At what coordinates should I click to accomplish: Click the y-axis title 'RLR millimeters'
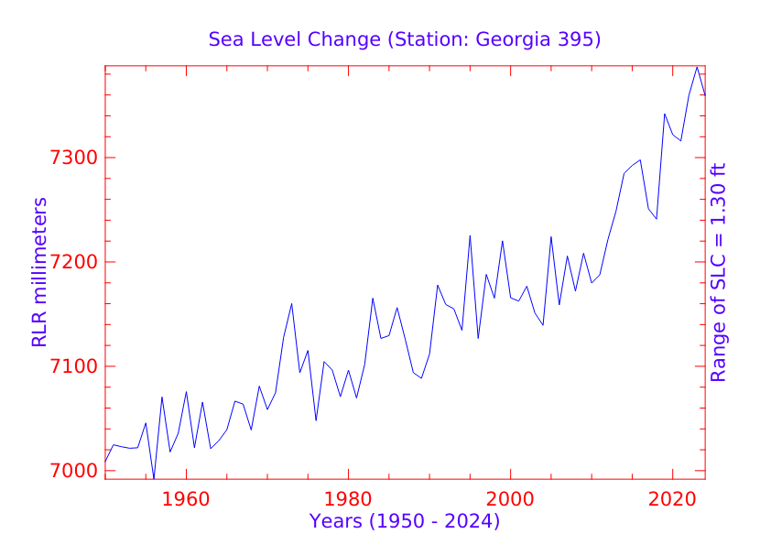[x=39, y=272]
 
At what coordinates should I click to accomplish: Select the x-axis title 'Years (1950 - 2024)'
[x=405, y=522]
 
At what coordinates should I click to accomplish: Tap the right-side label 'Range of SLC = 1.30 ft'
[x=719, y=272]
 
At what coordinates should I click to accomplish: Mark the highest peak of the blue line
[x=697, y=67]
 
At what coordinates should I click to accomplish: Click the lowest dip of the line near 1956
[x=154, y=478]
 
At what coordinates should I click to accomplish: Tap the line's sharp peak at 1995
[x=470, y=235]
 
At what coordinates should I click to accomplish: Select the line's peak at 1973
[x=292, y=303]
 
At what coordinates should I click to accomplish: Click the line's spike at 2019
[x=665, y=114]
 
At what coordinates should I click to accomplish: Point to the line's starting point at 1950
[x=105, y=461]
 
